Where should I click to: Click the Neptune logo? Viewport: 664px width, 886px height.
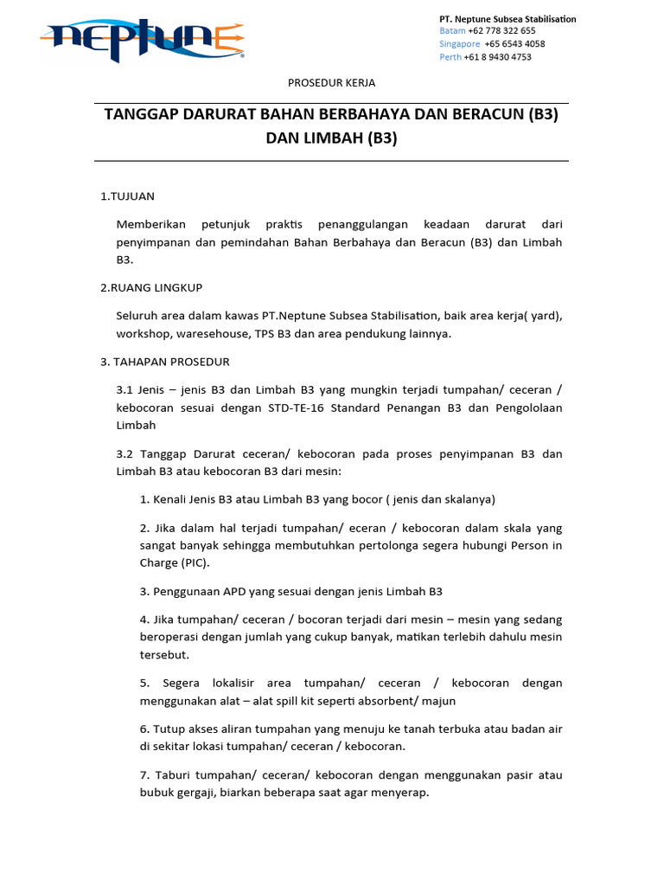tap(143, 40)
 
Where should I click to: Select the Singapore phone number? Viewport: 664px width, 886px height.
tap(514, 43)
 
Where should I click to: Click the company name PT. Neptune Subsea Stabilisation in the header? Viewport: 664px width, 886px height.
tap(508, 18)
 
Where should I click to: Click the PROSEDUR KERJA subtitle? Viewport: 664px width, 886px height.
tap(331, 83)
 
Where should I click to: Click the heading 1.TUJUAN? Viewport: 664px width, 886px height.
tap(127, 196)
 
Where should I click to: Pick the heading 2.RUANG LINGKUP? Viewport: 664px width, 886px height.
tap(151, 287)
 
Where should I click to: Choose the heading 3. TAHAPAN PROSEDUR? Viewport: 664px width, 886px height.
tap(165, 362)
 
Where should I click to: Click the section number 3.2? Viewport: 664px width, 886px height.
tap(124, 453)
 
